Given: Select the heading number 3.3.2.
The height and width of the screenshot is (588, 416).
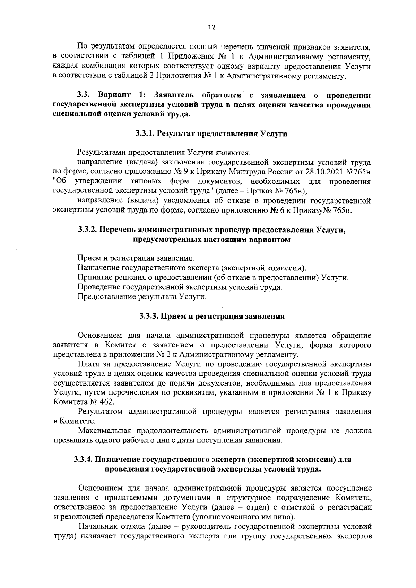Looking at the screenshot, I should point(88,230).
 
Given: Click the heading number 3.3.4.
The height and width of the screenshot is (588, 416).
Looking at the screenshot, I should point(84,460).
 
